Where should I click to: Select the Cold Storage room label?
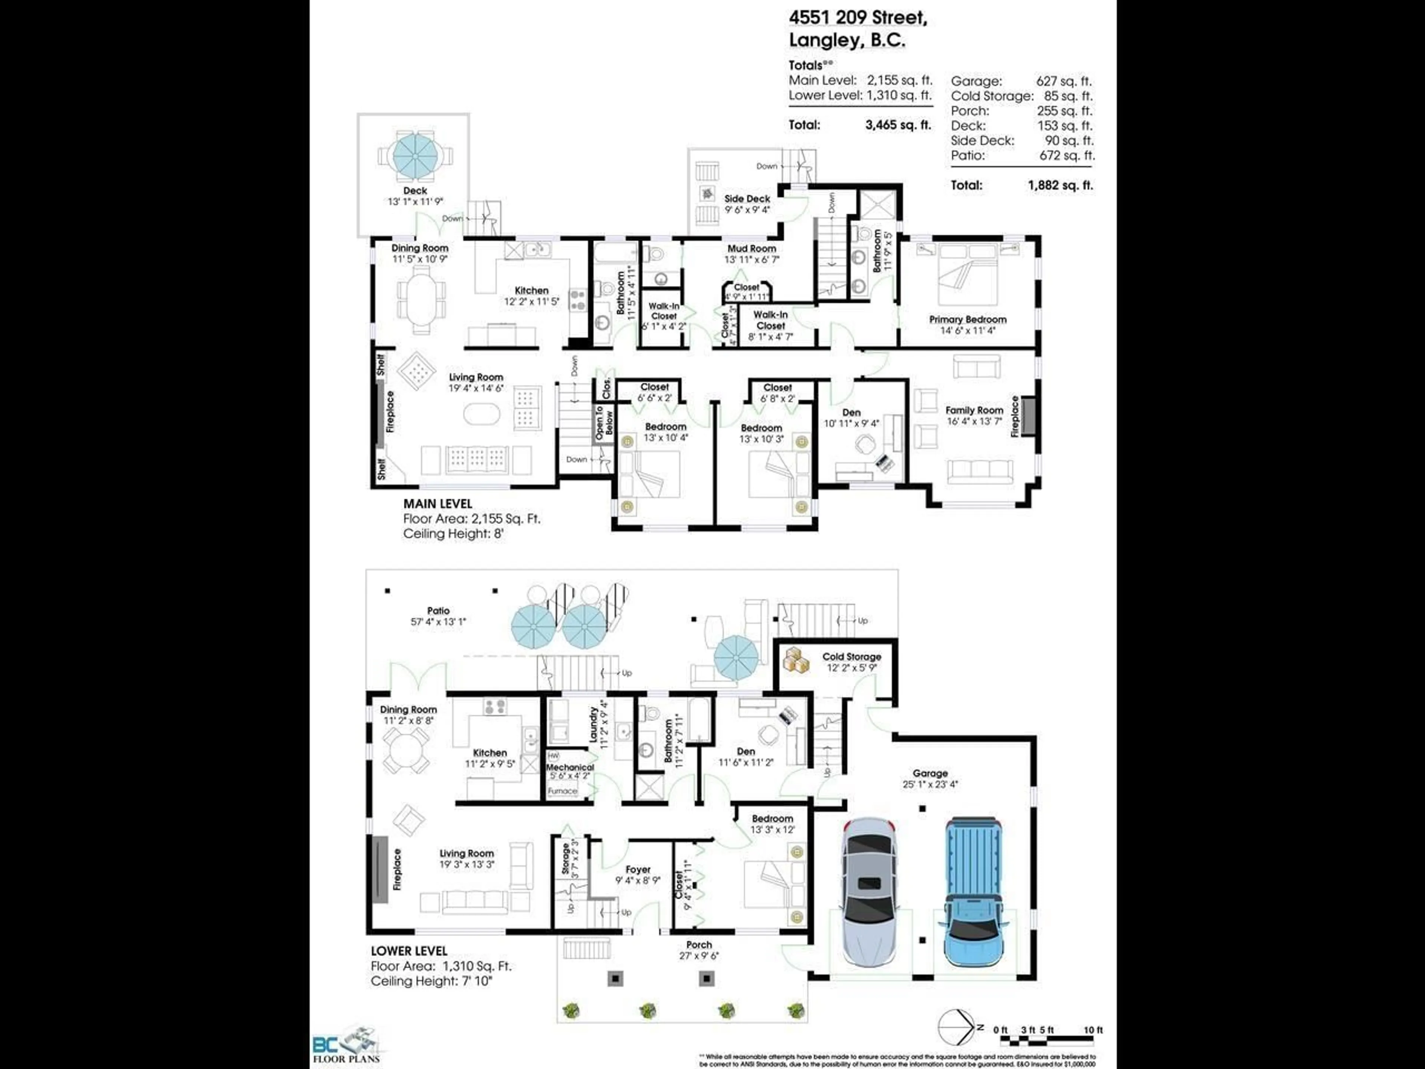[851, 657]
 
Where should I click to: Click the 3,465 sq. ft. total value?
[898, 125]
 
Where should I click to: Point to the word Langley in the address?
[825, 40]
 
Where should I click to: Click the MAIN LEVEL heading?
[438, 504]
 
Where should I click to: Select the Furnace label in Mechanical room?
[562, 791]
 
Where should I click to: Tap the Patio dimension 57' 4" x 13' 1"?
[438, 622]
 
